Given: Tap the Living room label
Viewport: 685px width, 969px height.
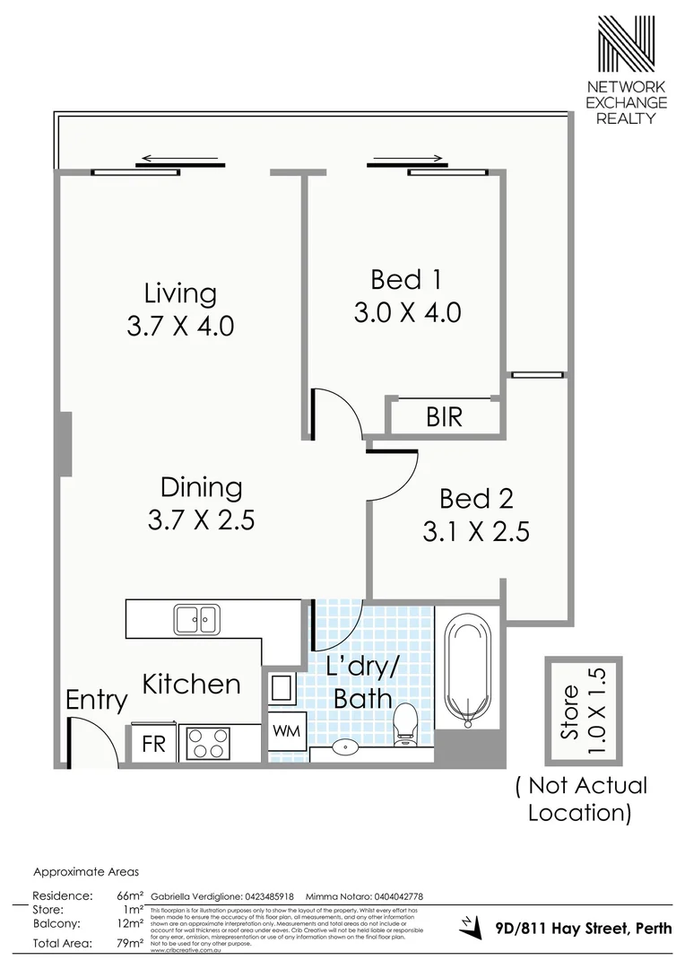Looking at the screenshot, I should tap(180, 293).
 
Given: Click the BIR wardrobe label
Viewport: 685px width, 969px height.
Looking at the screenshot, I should tap(444, 418).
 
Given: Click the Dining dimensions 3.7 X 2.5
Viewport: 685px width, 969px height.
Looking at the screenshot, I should tap(202, 519).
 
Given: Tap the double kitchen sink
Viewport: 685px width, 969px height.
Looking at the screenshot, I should tap(196, 618).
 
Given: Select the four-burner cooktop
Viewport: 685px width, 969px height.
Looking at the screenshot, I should tap(208, 743).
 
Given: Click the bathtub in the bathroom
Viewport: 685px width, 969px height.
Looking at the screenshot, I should tap(467, 665).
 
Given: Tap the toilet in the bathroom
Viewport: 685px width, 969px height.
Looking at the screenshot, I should tap(405, 721).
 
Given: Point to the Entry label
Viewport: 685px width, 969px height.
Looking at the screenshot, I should tap(96, 700).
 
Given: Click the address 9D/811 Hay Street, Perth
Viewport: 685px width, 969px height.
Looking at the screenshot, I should tap(582, 928).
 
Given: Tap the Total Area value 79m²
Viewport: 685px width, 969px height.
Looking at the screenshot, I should tap(130, 943).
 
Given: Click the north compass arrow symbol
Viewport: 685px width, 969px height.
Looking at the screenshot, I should tap(469, 923).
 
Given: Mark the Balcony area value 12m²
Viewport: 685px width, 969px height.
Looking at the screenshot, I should tap(131, 922).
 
